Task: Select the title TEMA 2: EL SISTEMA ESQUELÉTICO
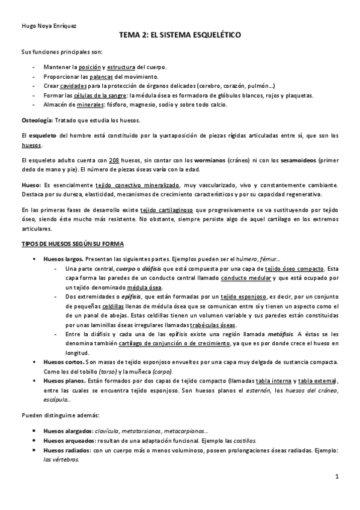click(180, 36)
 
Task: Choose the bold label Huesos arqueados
click(69, 441)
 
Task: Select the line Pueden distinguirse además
click(55, 415)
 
